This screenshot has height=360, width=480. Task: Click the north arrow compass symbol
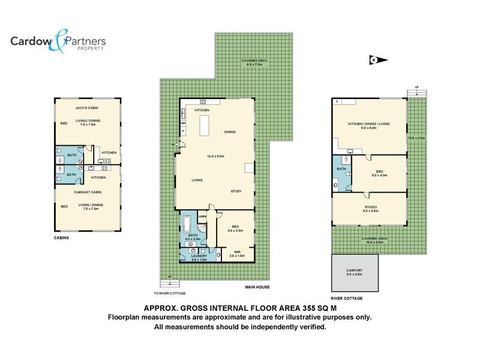point(379,60)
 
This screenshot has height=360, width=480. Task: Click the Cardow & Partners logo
point(58,43)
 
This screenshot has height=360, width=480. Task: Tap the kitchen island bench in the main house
point(204,126)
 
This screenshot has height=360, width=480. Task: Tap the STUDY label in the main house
point(236,191)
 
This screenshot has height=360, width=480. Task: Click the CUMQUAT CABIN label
point(86,193)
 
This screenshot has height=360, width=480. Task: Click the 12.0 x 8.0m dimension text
point(216,156)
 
